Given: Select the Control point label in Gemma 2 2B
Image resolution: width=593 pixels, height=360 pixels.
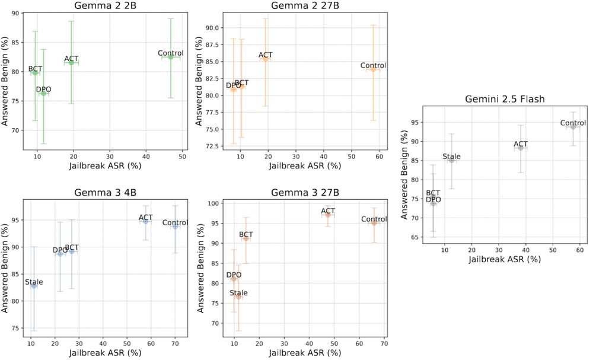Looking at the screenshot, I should coord(171,53).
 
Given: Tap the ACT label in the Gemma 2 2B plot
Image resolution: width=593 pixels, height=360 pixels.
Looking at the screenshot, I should coord(71,59).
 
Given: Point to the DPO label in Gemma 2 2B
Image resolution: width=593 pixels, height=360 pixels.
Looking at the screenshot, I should coord(43,90).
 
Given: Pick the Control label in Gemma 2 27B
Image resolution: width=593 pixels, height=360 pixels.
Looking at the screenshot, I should coord(373,65).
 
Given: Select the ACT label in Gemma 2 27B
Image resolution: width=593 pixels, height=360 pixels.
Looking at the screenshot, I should coord(265,55).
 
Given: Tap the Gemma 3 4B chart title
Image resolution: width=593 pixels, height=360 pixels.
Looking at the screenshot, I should coord(106,192).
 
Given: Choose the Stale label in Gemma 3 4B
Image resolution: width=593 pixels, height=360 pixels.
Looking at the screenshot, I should coord(34,282).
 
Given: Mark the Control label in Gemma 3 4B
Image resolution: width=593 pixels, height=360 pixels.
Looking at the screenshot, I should coord(175,222).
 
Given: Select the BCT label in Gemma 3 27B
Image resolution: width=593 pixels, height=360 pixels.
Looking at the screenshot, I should coord(246,235).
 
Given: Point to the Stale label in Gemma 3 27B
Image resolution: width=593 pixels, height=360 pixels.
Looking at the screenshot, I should coord(238,293).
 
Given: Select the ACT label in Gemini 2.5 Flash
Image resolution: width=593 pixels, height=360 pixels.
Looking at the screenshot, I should coord(521,144).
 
